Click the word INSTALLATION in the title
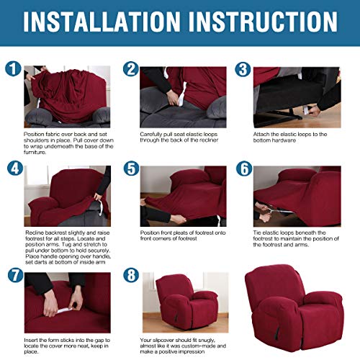click(x=102, y=22)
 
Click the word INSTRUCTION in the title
click(x=263, y=22)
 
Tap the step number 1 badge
click(x=13, y=68)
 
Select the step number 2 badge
click(x=131, y=69)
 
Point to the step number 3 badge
click(x=243, y=69)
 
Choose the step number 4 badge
click(x=15, y=168)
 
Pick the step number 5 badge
click(x=131, y=168)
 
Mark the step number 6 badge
click(x=244, y=168)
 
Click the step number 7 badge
click(x=15, y=275)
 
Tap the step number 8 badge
click(x=131, y=275)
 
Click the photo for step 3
click(x=297, y=97)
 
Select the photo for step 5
click(x=183, y=196)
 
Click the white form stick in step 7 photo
click(x=64, y=310)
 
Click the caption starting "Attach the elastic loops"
click(x=290, y=138)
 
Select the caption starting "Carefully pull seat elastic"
click(x=179, y=138)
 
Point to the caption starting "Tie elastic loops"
click(x=296, y=239)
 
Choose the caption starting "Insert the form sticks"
click(x=67, y=346)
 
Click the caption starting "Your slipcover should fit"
click(x=183, y=346)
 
